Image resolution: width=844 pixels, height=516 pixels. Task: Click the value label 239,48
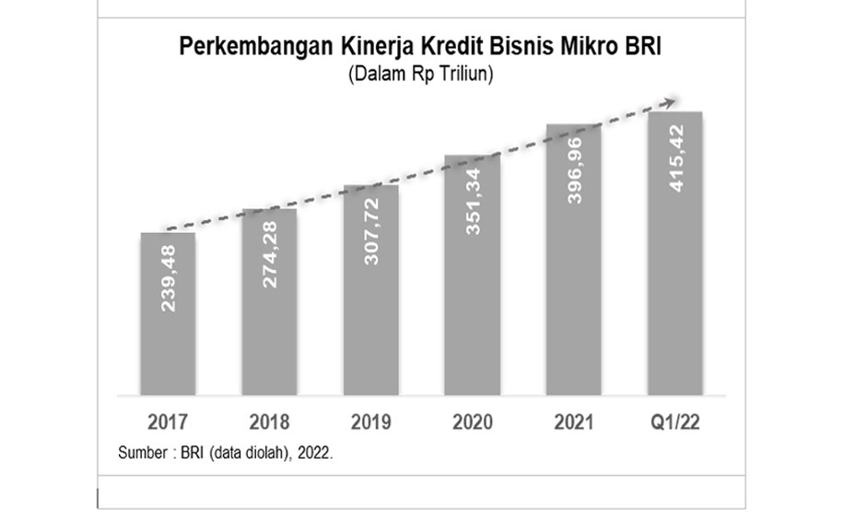coord(169,276)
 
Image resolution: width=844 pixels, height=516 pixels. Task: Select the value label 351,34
coord(473,200)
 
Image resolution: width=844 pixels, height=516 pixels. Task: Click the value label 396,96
coord(574,169)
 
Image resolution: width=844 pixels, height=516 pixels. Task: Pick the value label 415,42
coord(675,157)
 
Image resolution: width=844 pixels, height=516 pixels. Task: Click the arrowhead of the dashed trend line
coord(675,100)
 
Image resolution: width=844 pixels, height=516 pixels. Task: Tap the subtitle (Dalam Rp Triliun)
coord(422,75)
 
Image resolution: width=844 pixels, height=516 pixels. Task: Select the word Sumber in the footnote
coord(140,453)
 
